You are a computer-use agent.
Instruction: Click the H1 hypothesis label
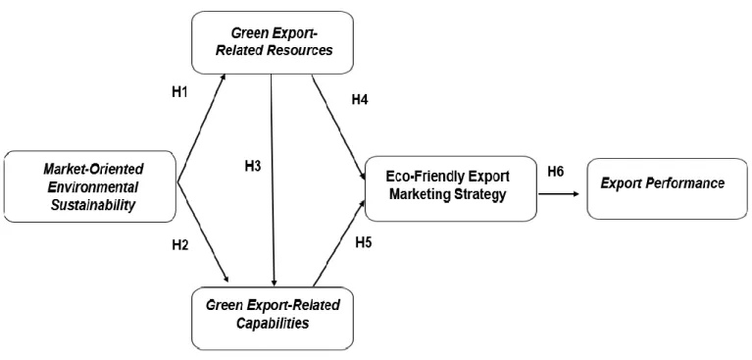tap(179, 92)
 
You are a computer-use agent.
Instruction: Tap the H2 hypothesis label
tap(180, 245)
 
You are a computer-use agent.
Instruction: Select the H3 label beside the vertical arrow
tap(253, 167)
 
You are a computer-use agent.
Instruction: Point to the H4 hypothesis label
tap(360, 100)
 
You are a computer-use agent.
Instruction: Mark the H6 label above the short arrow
tap(555, 172)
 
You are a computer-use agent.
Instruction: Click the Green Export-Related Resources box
tap(273, 42)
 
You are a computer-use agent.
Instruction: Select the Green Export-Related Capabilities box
tap(273, 318)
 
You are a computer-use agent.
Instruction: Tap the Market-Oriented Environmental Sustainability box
tap(89, 186)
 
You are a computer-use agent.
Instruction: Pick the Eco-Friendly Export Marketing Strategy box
tap(450, 188)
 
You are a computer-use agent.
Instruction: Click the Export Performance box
tap(667, 188)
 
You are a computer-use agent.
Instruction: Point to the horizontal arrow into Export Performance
tap(558, 194)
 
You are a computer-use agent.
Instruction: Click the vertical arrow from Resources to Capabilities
tap(273, 180)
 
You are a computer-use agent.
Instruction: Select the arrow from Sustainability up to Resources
tap(201, 129)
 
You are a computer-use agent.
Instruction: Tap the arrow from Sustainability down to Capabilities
tap(203, 232)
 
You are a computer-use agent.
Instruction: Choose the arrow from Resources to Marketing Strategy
tap(338, 128)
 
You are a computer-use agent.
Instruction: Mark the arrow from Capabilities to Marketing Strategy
tap(339, 243)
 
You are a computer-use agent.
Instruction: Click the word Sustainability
tap(93, 205)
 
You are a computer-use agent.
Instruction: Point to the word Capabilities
tap(272, 323)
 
